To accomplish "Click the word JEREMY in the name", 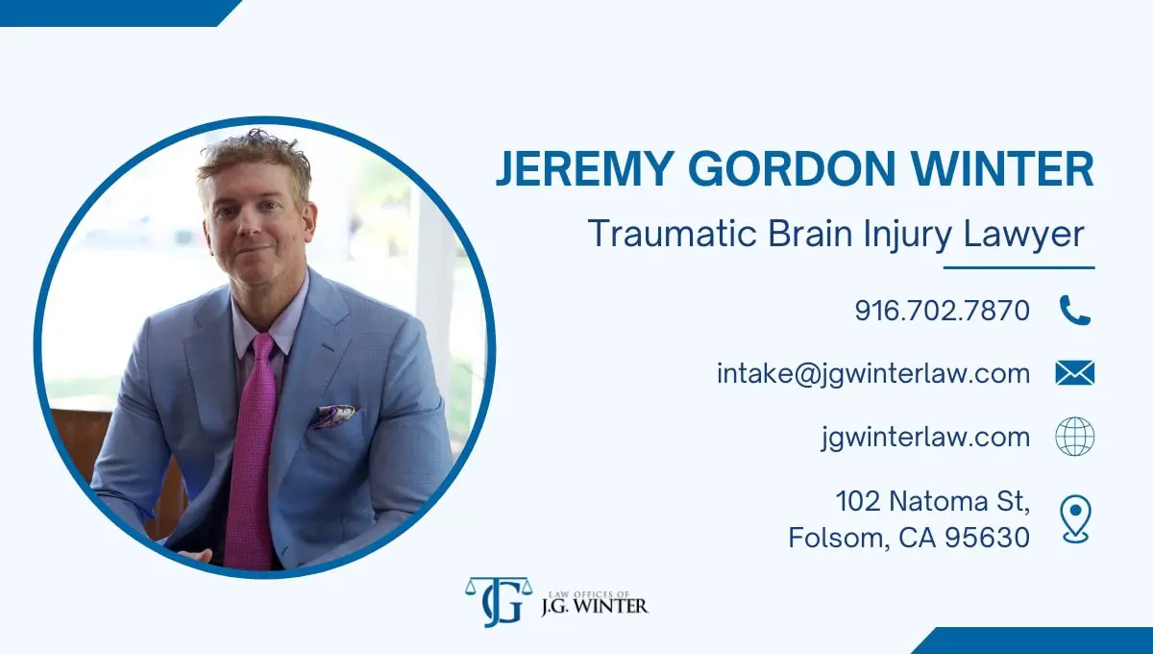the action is pos(585,168).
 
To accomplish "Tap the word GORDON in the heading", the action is pos(793,168).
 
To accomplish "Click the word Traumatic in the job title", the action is pos(673,234).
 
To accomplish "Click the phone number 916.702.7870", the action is pos(942,311).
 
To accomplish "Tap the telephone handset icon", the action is pos(1075,311).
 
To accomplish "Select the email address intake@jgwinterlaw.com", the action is pos(873,373).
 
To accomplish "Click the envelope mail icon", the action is pos(1075,372).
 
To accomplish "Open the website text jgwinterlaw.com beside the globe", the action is pos(925,438).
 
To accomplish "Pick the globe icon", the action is pos(1075,436).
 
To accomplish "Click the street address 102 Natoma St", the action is pos(933,501).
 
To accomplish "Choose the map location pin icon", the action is pos(1075,518).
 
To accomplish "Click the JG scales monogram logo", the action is pos(499,602).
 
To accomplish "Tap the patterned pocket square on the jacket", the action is pos(333,416).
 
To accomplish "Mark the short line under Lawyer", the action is pos(1019,268).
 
